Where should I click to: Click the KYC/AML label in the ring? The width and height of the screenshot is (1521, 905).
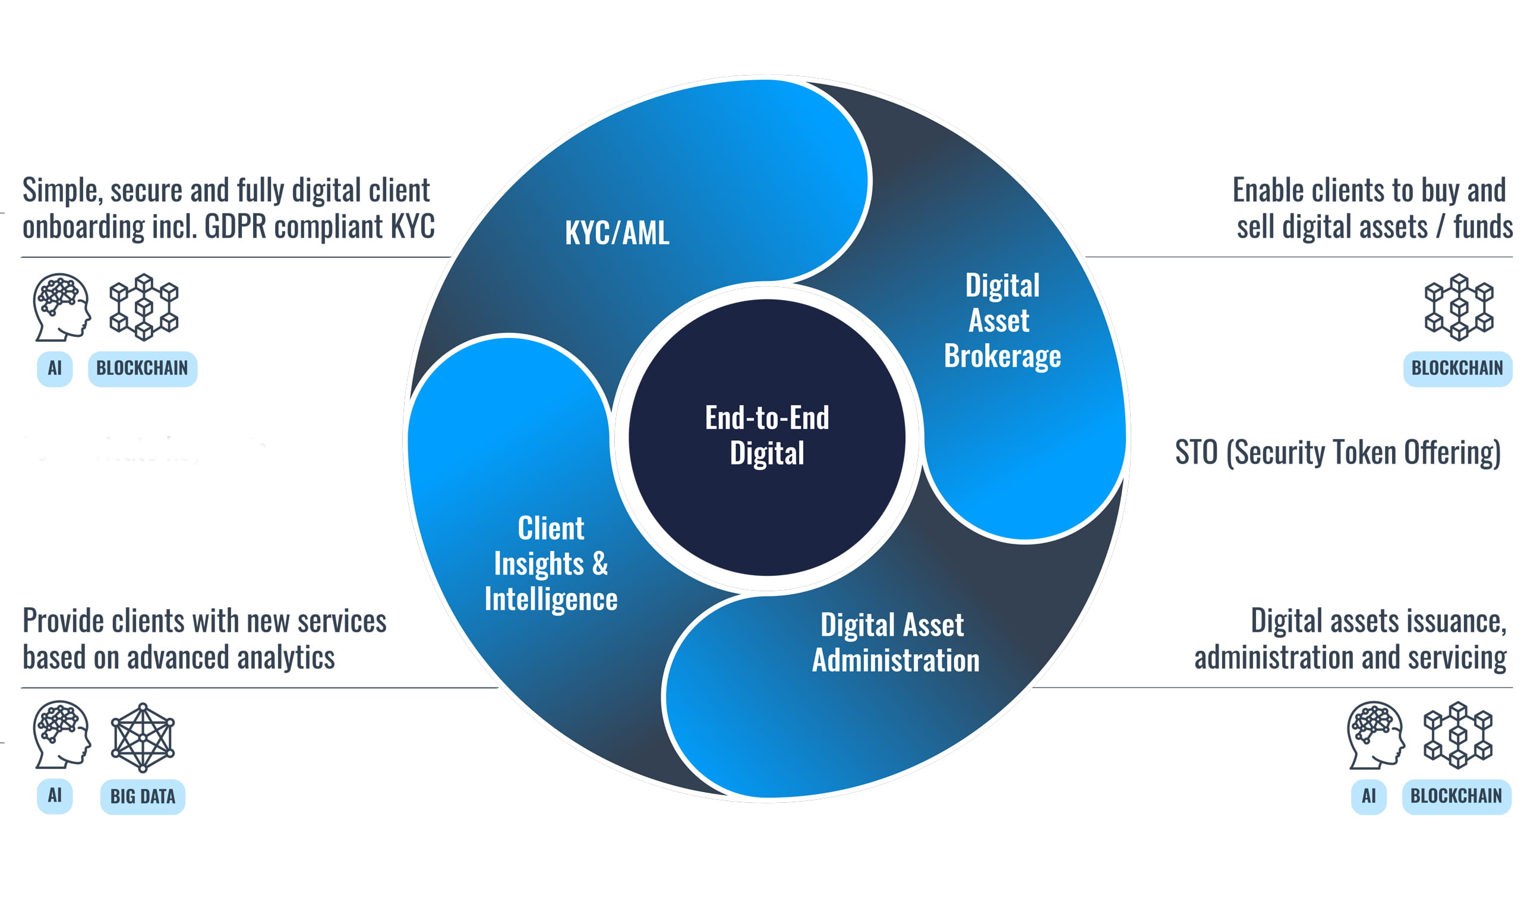click(x=617, y=232)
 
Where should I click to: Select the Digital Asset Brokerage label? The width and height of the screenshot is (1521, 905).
click(x=1002, y=320)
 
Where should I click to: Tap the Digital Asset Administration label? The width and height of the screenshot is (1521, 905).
click(x=895, y=642)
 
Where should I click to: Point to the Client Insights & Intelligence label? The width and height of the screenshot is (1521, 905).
click(x=551, y=563)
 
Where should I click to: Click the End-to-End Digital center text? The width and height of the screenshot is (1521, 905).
click(x=767, y=435)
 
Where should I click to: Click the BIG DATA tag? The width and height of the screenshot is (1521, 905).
click(x=143, y=796)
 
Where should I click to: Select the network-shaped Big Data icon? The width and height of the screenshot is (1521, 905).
click(x=143, y=737)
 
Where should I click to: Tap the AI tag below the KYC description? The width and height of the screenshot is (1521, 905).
click(x=55, y=368)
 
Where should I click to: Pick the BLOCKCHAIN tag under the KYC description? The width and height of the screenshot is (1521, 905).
click(x=142, y=368)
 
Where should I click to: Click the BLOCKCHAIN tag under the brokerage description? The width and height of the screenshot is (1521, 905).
click(x=1457, y=368)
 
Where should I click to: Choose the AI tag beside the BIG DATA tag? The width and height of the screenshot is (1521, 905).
click(x=55, y=796)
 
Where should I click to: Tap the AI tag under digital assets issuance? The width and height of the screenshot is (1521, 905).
click(x=1368, y=796)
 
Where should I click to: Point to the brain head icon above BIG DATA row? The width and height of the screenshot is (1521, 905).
click(x=62, y=735)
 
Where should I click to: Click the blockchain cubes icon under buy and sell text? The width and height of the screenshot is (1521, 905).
click(x=1458, y=307)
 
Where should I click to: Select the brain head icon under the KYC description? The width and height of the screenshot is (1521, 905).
click(x=62, y=307)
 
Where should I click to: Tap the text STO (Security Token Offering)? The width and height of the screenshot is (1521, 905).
click(x=1337, y=453)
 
